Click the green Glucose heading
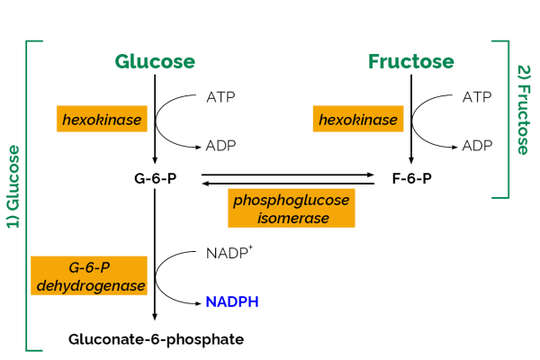coord(155,61)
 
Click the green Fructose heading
coord(411,61)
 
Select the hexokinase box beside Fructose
coord(357,119)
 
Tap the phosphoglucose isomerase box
coord(292,208)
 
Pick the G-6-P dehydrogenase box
coord(88,276)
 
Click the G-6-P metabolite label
coord(155,177)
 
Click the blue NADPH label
coord(232,302)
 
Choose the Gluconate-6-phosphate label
coord(156,339)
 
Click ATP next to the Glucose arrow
coord(222,96)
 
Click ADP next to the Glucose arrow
coord(222,145)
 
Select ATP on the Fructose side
coord(478,96)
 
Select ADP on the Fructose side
coord(478,145)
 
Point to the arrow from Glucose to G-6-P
coord(156,117)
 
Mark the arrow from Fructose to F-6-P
coord(411,117)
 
